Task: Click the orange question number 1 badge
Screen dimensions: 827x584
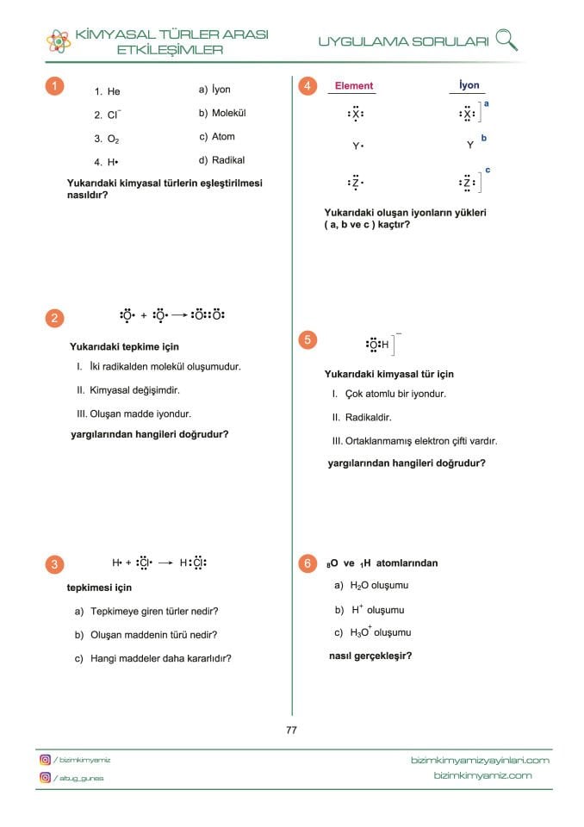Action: (x=54, y=86)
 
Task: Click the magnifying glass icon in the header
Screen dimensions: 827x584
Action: (x=507, y=39)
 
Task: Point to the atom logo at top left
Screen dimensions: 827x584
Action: (x=59, y=40)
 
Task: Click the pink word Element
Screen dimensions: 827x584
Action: (x=353, y=86)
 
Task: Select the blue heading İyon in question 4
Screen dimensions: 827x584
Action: (x=469, y=85)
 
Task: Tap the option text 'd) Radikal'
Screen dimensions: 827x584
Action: (x=221, y=159)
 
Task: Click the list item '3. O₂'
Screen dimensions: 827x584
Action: (x=107, y=138)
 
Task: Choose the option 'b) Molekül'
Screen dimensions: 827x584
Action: (x=222, y=113)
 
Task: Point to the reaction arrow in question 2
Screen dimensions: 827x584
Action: (x=180, y=315)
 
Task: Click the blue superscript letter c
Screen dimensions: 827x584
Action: (x=488, y=171)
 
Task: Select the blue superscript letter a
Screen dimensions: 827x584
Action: (x=487, y=103)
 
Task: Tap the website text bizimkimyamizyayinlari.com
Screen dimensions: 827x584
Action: (x=481, y=760)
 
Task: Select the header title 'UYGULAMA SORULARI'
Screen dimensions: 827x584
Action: (x=403, y=41)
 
